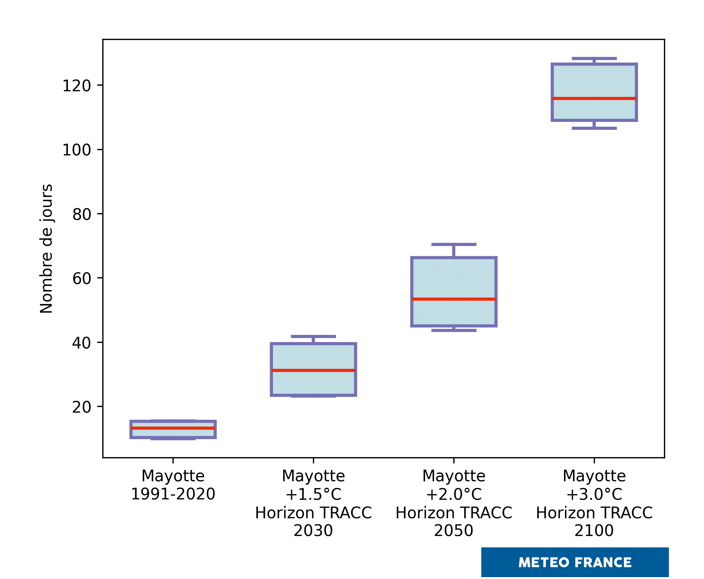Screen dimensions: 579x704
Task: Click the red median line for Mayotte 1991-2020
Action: pos(173,428)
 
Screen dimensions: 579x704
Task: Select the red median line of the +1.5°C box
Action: pos(313,370)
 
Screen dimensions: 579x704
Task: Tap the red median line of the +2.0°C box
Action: pos(454,299)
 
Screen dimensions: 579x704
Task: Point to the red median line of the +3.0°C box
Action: pos(594,98)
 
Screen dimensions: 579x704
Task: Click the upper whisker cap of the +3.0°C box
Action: pos(594,58)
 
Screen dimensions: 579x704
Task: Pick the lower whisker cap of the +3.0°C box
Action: pos(594,128)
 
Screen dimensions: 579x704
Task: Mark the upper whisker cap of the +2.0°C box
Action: pos(454,244)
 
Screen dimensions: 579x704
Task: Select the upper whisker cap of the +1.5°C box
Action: pos(313,336)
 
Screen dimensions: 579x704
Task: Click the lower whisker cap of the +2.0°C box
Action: pos(454,330)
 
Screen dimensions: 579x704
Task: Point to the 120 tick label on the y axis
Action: pos(77,86)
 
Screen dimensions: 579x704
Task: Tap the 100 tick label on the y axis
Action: pos(77,150)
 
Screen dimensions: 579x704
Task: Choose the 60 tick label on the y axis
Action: pos(82,279)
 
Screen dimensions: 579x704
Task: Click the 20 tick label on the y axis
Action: pos(82,407)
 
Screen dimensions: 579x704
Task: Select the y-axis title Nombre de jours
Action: pos(46,249)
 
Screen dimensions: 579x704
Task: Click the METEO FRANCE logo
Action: pos(575,562)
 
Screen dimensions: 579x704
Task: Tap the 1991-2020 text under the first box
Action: pos(173,494)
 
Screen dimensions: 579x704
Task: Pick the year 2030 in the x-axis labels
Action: pos(313,531)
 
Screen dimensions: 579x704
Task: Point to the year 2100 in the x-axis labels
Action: pos(594,531)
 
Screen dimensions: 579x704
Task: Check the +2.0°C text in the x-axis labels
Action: pos(454,494)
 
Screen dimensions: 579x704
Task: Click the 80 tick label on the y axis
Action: pos(82,215)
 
